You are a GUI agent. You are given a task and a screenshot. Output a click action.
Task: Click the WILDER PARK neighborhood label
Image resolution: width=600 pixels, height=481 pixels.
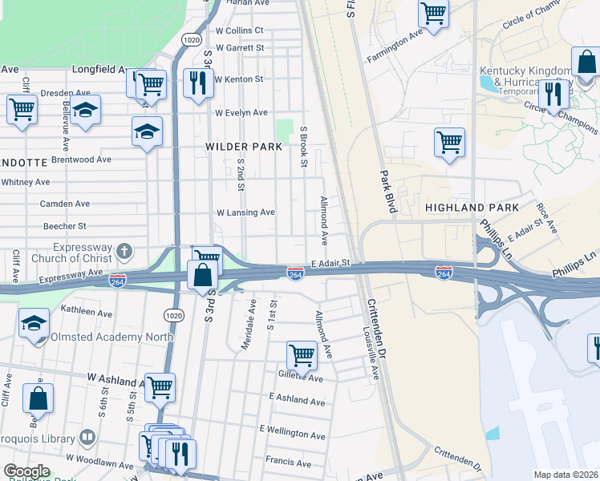click(x=244, y=147)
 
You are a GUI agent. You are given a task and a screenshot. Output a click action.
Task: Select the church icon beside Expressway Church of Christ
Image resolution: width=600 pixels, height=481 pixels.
click(x=124, y=251)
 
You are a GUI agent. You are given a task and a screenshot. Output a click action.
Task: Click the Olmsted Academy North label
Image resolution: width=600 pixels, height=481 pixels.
click(x=112, y=337)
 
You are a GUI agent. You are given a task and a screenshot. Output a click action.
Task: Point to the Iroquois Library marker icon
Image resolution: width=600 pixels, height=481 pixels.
click(x=87, y=439)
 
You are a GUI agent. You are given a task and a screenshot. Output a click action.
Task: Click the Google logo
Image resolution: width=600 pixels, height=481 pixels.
click(x=26, y=471)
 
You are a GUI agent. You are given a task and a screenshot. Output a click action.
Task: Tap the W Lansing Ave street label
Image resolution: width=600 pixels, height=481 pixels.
click(x=245, y=212)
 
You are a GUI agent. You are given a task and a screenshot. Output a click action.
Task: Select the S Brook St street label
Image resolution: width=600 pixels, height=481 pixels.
click(x=303, y=147)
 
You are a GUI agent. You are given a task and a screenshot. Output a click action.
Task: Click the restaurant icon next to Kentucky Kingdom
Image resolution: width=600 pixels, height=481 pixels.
click(x=552, y=93)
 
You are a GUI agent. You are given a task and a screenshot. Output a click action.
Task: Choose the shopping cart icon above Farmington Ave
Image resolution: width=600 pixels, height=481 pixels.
click(x=433, y=13)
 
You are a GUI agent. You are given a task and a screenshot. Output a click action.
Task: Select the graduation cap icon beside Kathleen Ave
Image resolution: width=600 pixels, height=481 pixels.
click(x=34, y=323)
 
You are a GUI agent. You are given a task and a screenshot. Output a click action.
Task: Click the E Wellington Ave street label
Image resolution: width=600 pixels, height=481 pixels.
click(x=293, y=433)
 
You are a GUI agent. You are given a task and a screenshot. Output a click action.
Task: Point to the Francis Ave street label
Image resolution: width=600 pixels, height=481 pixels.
click(x=288, y=463)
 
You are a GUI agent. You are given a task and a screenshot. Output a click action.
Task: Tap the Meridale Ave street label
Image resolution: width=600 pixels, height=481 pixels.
click(x=249, y=325)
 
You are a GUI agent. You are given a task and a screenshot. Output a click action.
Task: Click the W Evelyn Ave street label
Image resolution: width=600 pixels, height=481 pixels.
click(x=241, y=112)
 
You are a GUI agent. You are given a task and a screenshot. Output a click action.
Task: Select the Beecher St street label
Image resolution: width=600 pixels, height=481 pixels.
click(x=65, y=227)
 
